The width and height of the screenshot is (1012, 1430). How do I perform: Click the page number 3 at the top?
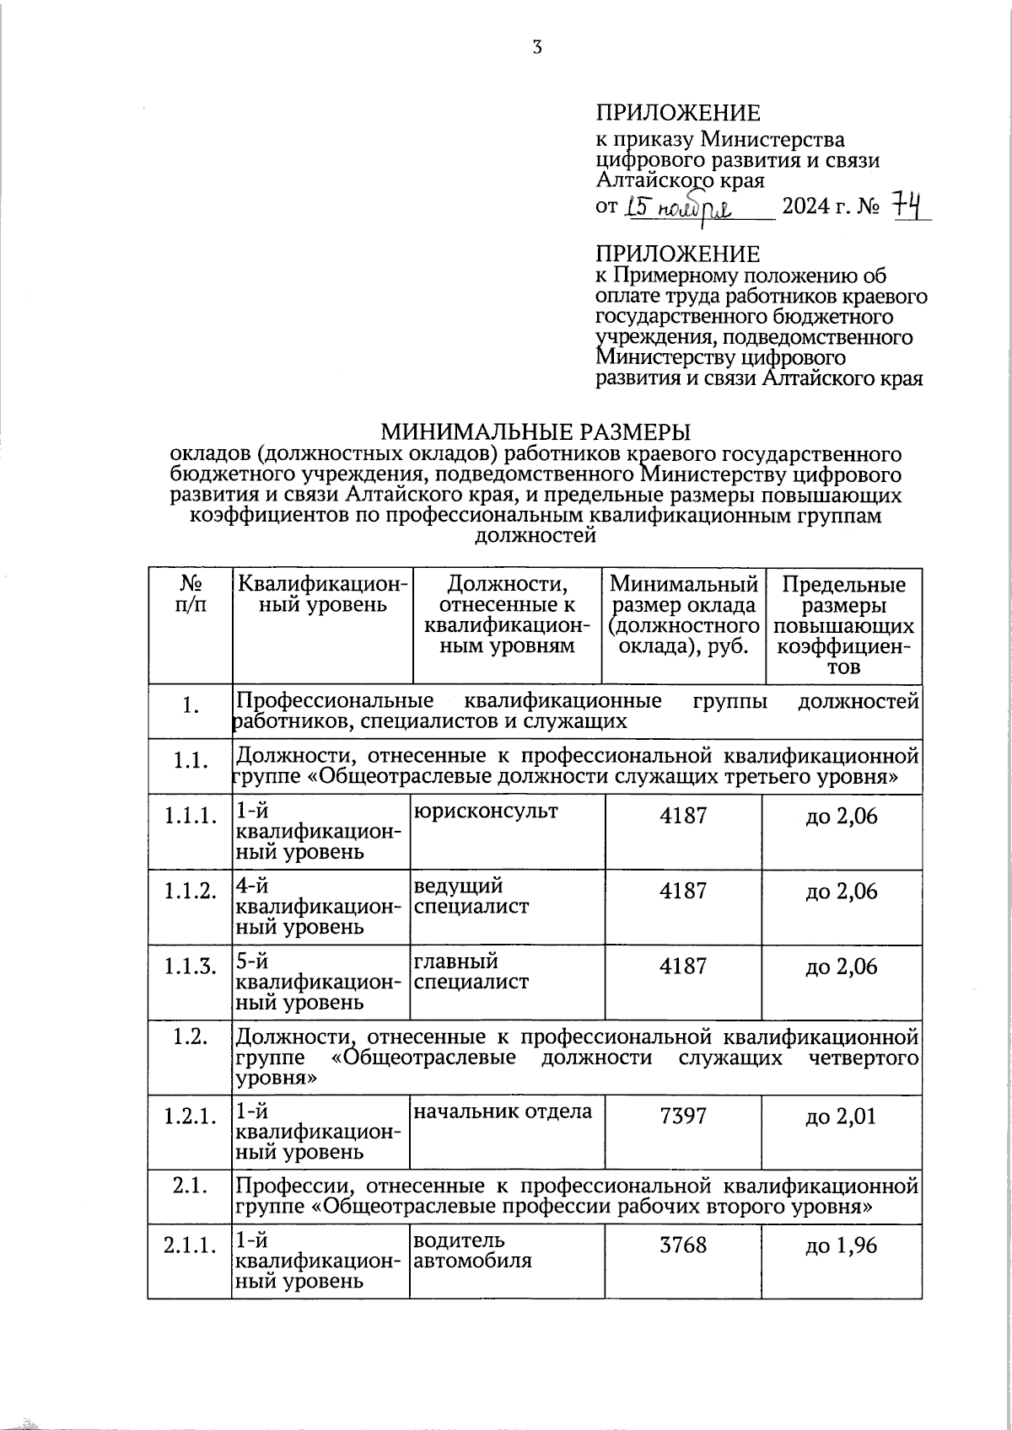click(x=536, y=47)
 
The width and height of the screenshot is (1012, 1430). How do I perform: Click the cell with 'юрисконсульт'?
click(x=485, y=812)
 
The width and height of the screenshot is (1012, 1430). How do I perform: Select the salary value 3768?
click(x=683, y=1245)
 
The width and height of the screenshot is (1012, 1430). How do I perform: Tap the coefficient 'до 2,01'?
click(x=841, y=1117)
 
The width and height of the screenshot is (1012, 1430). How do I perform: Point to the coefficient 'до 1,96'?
click(x=841, y=1245)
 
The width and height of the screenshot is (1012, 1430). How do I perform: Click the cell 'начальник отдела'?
click(x=502, y=1111)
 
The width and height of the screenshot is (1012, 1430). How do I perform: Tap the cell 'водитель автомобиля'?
click(x=471, y=1251)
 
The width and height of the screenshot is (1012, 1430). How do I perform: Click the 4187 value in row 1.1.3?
click(x=683, y=966)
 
